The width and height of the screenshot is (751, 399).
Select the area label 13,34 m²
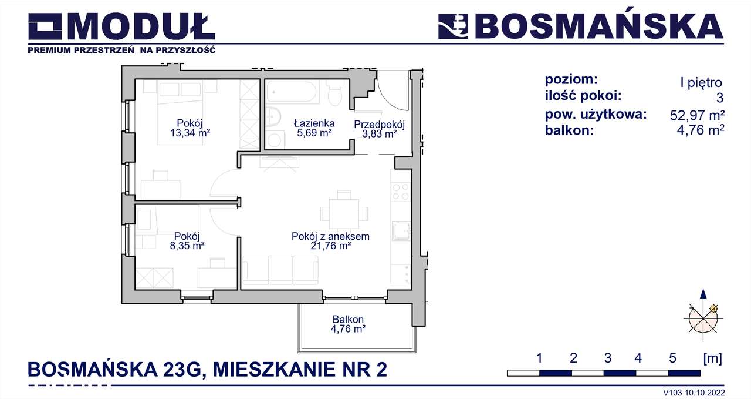tap(190, 133)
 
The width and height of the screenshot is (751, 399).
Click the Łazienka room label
tap(313, 123)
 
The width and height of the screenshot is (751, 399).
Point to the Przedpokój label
tap(380, 124)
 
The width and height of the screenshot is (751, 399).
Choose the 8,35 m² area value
tap(184, 246)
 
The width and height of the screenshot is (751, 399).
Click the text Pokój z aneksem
tap(330, 236)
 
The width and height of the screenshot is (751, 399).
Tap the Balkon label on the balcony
tap(344, 320)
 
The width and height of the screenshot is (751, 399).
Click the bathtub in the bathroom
tap(292, 93)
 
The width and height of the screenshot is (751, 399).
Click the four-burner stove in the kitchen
tap(401, 192)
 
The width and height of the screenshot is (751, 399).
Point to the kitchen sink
tap(402, 230)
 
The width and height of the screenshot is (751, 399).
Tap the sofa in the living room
tap(280, 270)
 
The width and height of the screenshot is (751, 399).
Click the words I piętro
tap(701, 83)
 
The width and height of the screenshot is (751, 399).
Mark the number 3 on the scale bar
tap(607, 357)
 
